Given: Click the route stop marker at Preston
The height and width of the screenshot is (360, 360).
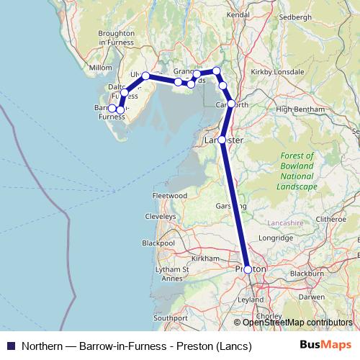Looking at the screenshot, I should (248, 269).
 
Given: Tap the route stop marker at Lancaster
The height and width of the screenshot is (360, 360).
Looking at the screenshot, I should (222, 140).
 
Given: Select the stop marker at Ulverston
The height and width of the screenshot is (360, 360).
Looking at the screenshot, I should (145, 76).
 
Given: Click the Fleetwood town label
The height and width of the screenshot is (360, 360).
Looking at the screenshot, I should (170, 195).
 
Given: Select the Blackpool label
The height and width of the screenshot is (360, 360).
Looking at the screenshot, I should (158, 243).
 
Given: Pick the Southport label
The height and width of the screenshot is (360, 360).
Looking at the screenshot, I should (170, 317).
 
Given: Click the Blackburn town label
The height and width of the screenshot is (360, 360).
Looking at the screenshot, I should (306, 274).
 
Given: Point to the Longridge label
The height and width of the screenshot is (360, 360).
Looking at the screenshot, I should (276, 237).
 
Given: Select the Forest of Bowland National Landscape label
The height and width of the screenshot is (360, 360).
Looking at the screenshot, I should (297, 171).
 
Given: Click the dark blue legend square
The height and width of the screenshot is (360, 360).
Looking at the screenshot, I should (10, 346).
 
